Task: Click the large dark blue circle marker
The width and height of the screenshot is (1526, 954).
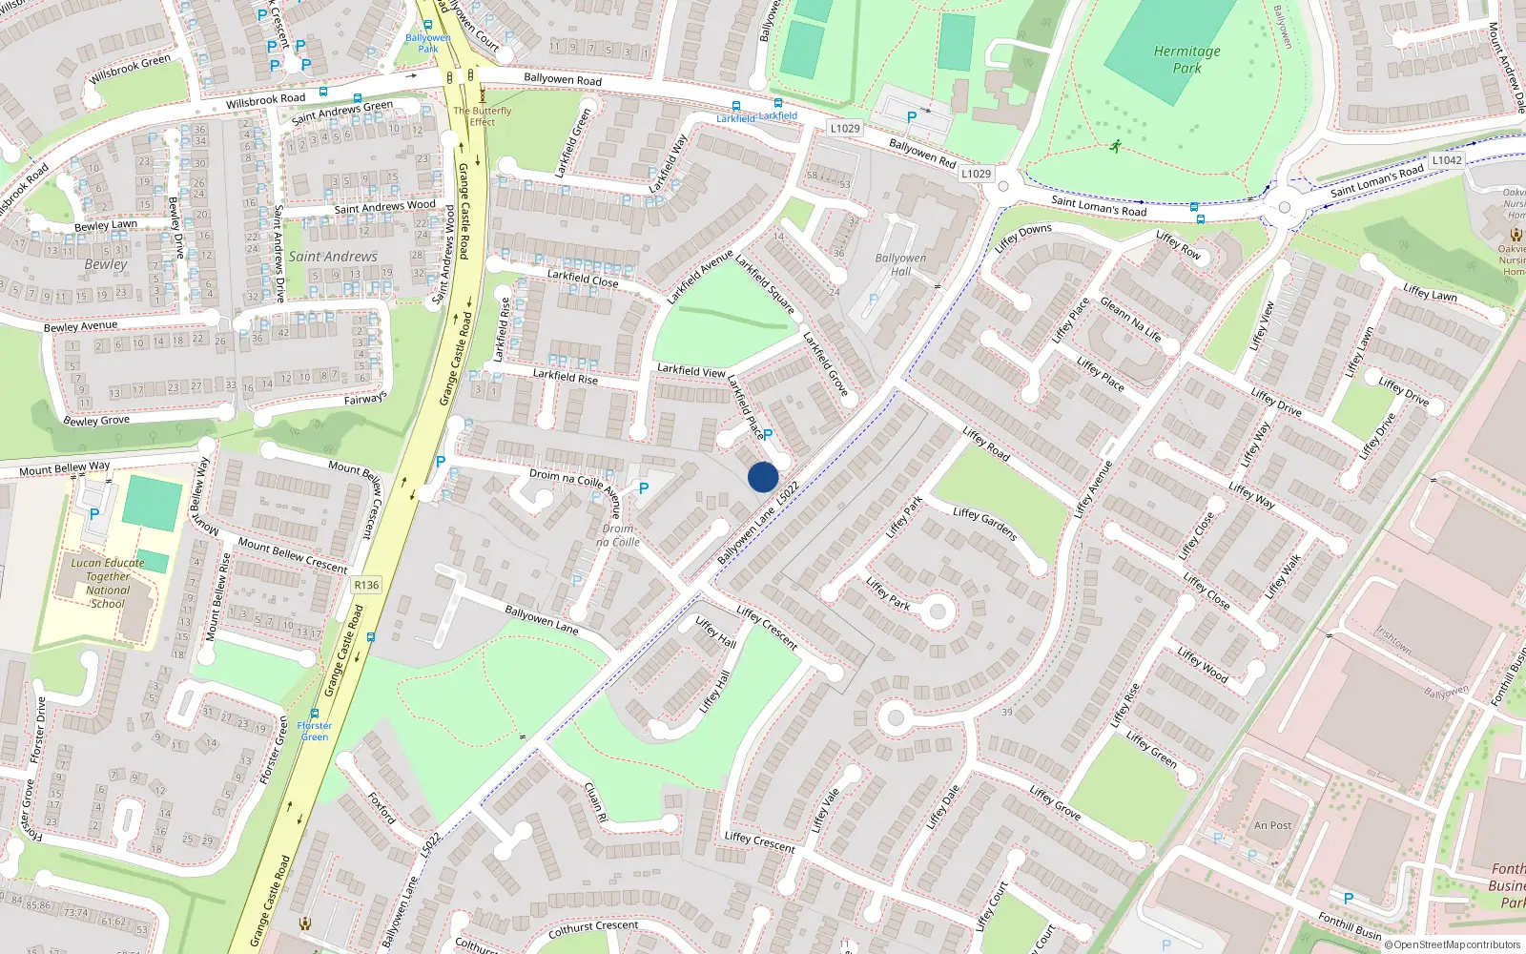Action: coord(763,477)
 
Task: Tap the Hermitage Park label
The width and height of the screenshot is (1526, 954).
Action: coord(1186,59)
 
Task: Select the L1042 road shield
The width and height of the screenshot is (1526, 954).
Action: coord(1446,160)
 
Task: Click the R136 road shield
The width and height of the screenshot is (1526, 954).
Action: coord(366,585)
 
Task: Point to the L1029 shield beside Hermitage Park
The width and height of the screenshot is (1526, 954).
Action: coord(976,174)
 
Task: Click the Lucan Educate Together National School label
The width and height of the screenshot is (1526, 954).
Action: coord(108,583)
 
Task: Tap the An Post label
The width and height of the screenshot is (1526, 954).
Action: coord(1272,825)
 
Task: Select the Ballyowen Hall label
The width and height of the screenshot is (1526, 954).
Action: coord(900,264)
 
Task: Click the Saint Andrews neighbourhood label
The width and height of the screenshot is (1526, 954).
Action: coord(333,257)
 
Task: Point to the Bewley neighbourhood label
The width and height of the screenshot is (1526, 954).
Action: coord(105,264)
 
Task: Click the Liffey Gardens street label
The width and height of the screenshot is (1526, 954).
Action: coord(985,524)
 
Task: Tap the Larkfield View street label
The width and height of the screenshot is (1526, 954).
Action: coord(691,370)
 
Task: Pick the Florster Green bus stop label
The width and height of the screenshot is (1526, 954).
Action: coord(315,731)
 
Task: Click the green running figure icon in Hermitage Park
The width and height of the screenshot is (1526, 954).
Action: coord(1115,146)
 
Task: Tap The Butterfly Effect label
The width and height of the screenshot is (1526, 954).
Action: coord(482,116)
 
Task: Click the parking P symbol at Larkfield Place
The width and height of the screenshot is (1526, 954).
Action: coord(768,434)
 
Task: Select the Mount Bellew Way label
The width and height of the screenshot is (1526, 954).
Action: coord(64,467)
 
